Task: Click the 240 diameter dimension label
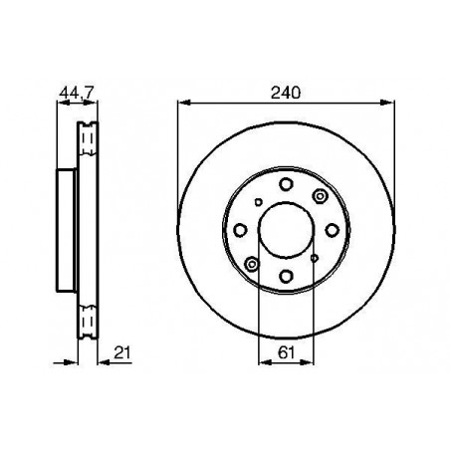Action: tap(286, 93)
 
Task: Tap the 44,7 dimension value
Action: tap(77, 93)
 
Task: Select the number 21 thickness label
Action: tap(122, 352)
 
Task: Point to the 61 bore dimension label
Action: tap(286, 352)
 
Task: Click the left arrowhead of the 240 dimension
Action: tap(184, 103)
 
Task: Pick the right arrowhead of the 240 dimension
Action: tap(387, 103)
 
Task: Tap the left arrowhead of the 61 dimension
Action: tap(265, 362)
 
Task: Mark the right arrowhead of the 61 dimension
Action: tap(307, 362)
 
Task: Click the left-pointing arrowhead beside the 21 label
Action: tap(105, 362)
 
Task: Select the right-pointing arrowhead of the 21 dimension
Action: tap(72, 362)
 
